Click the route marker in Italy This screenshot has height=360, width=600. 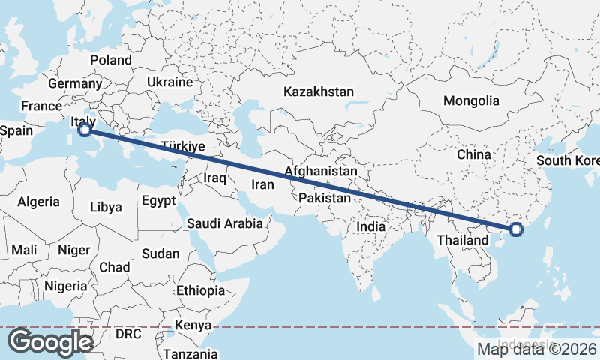click(85, 130)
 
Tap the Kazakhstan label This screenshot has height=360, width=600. click(318, 91)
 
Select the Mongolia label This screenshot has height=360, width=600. click(471, 100)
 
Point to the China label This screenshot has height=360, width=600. click(473, 154)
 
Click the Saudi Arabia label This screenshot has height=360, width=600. click(225, 223)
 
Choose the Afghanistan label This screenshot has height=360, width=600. click(321, 171)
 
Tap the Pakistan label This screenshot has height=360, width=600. click(324, 199)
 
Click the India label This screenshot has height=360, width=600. click(370, 226)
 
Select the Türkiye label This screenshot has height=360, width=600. click(183, 147)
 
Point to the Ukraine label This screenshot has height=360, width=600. click(169, 82)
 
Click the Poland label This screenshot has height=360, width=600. click(110, 60)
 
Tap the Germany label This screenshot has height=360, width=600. click(69, 83)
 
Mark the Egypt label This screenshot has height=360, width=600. click(158, 201)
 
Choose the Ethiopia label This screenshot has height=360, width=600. click(200, 290)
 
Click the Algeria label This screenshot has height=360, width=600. click(38, 202)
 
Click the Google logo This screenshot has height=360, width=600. click(50, 342)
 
